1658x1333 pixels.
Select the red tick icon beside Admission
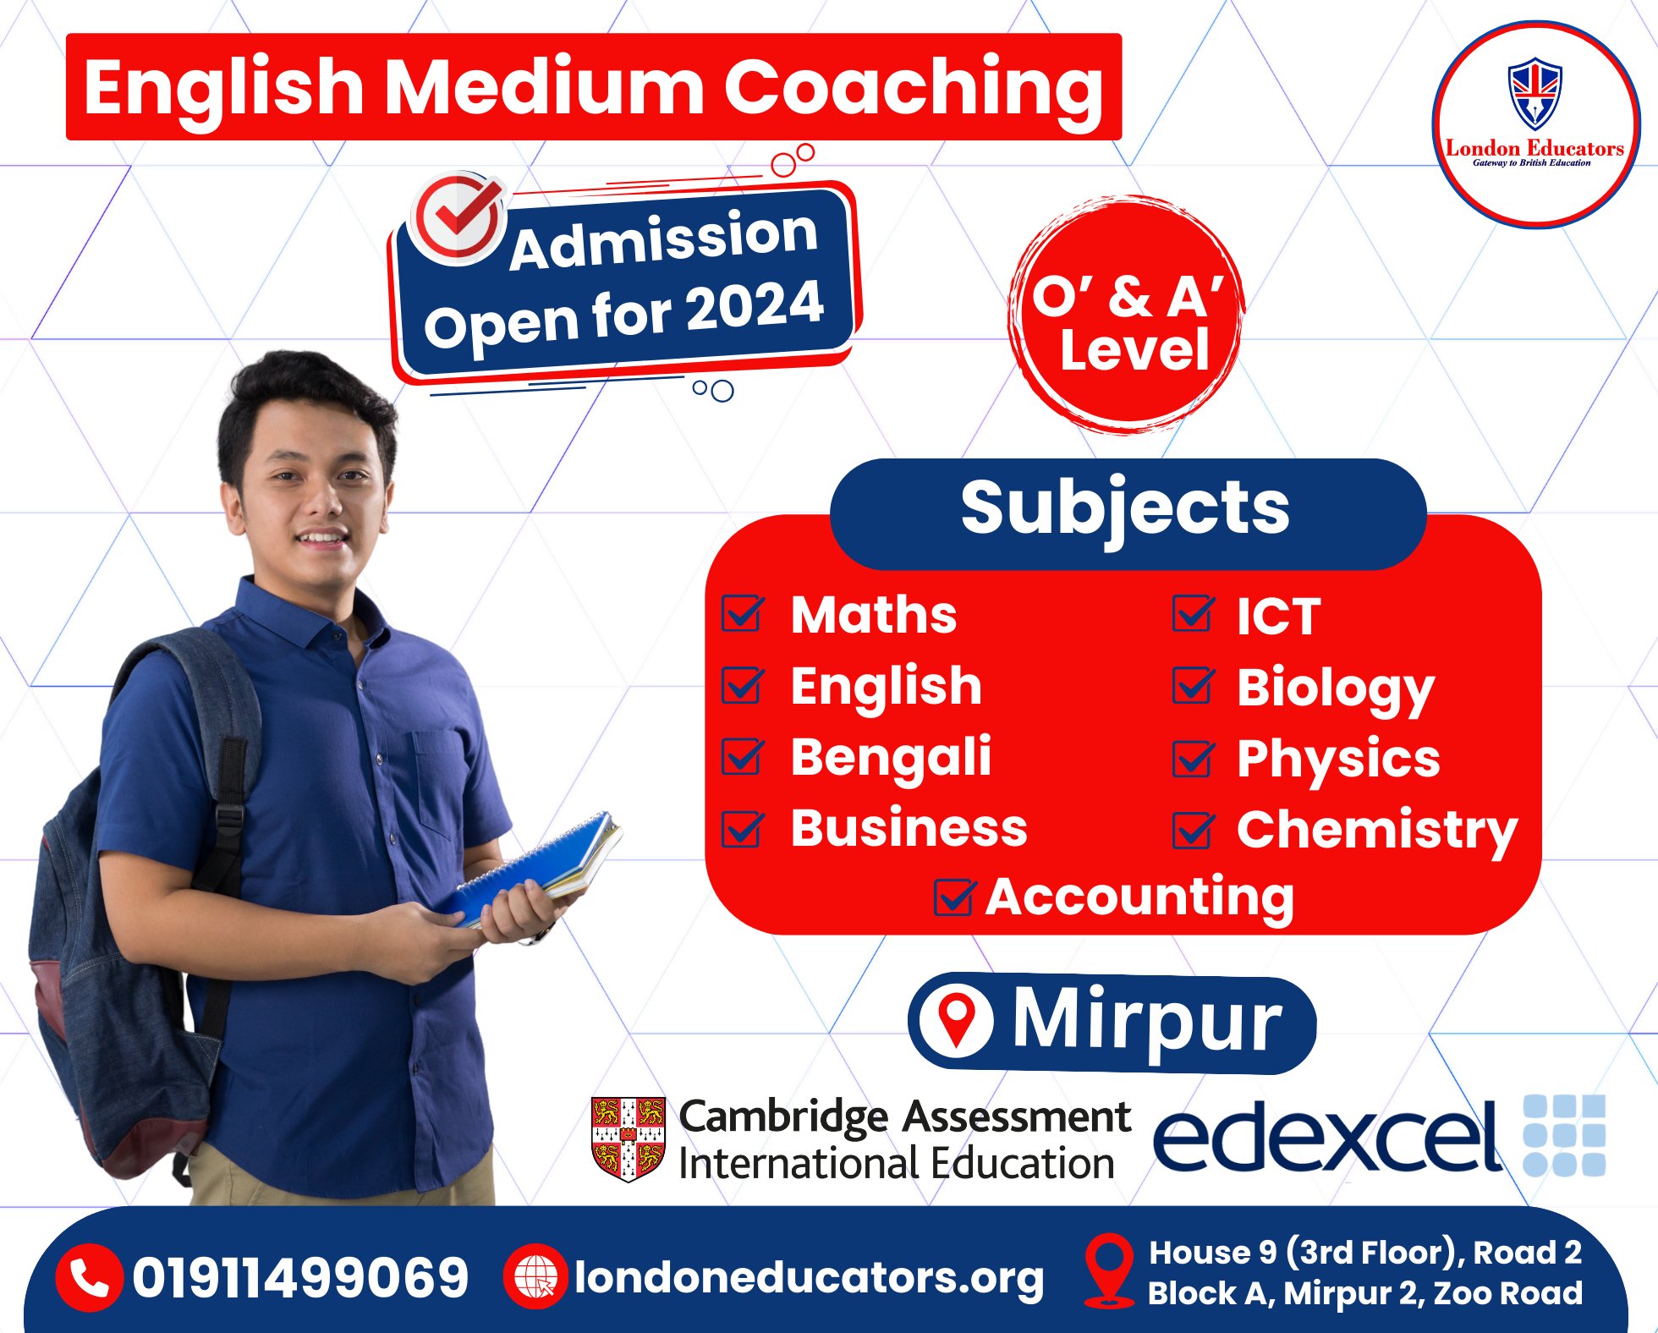coord(458,217)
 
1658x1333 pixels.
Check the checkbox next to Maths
coord(743,613)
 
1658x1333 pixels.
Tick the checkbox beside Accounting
coord(955,897)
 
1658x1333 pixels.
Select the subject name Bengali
coord(891,758)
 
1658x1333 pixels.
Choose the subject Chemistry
coord(1377,831)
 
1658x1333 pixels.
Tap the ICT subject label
coord(1278,616)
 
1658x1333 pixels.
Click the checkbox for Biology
coord(1194,685)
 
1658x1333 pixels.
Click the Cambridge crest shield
coord(629,1138)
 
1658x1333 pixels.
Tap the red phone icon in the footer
coord(89,1277)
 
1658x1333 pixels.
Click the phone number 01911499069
coord(300,1277)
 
